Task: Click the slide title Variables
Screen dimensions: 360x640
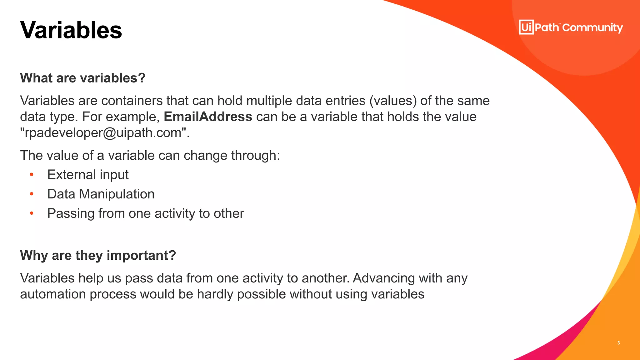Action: (x=71, y=30)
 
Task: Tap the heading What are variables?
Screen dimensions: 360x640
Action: (x=83, y=78)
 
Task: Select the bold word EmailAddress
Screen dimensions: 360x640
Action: (x=208, y=117)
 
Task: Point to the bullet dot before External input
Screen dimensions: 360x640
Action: (x=32, y=175)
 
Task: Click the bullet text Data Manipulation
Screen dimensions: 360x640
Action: (x=101, y=194)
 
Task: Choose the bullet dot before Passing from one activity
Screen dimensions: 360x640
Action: (x=32, y=213)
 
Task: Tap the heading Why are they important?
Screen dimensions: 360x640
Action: (x=98, y=255)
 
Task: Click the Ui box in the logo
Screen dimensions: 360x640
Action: (x=526, y=27)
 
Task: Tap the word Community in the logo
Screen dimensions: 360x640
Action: (x=592, y=28)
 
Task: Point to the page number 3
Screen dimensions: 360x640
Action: (x=619, y=343)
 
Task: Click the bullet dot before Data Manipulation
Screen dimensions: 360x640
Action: (x=32, y=194)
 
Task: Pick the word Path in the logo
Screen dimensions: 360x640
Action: (x=547, y=27)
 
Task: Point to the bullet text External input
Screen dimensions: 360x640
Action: (x=88, y=175)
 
